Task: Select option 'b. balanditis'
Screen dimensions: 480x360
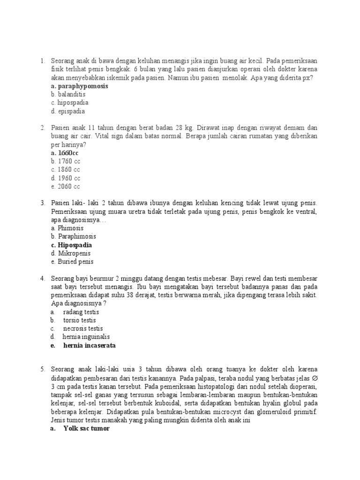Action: pyautogui.click(x=68, y=94)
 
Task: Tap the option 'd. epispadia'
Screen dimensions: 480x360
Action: pyautogui.click(x=68, y=112)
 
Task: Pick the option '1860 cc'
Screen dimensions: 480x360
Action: pyautogui.click(x=66, y=170)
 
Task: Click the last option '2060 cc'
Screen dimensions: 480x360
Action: pyautogui.click(x=66, y=187)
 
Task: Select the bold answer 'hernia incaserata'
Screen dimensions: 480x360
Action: pyautogui.click(x=89, y=345)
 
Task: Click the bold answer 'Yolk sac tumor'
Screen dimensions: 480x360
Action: pyautogui.click(x=86, y=429)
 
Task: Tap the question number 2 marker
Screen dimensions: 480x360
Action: pyautogui.click(x=42, y=127)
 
